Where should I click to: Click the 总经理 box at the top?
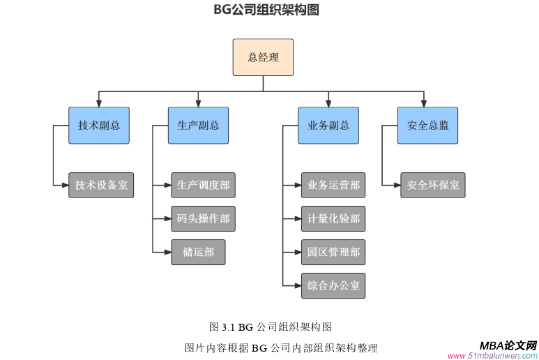tap(263, 57)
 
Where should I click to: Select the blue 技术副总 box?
tap(98, 126)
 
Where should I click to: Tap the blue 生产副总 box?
tap(198, 126)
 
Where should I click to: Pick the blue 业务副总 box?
tap(328, 126)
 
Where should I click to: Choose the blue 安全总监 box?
tap(427, 126)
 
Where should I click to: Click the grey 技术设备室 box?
tap(100, 185)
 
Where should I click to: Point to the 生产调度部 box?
tap(203, 185)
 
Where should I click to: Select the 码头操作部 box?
tap(203, 218)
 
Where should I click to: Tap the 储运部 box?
tap(198, 252)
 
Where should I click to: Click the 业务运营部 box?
tap(333, 185)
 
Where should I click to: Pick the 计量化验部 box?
tap(333, 218)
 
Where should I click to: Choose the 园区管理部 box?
tap(333, 252)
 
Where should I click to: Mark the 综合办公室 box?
tap(333, 285)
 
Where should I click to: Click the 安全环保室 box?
tap(432, 185)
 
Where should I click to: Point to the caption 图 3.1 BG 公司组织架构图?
tap(270, 327)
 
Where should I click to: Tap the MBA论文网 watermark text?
tap(508, 345)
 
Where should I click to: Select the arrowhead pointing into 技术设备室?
tap(64, 185)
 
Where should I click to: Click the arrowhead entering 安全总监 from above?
tap(425, 103)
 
